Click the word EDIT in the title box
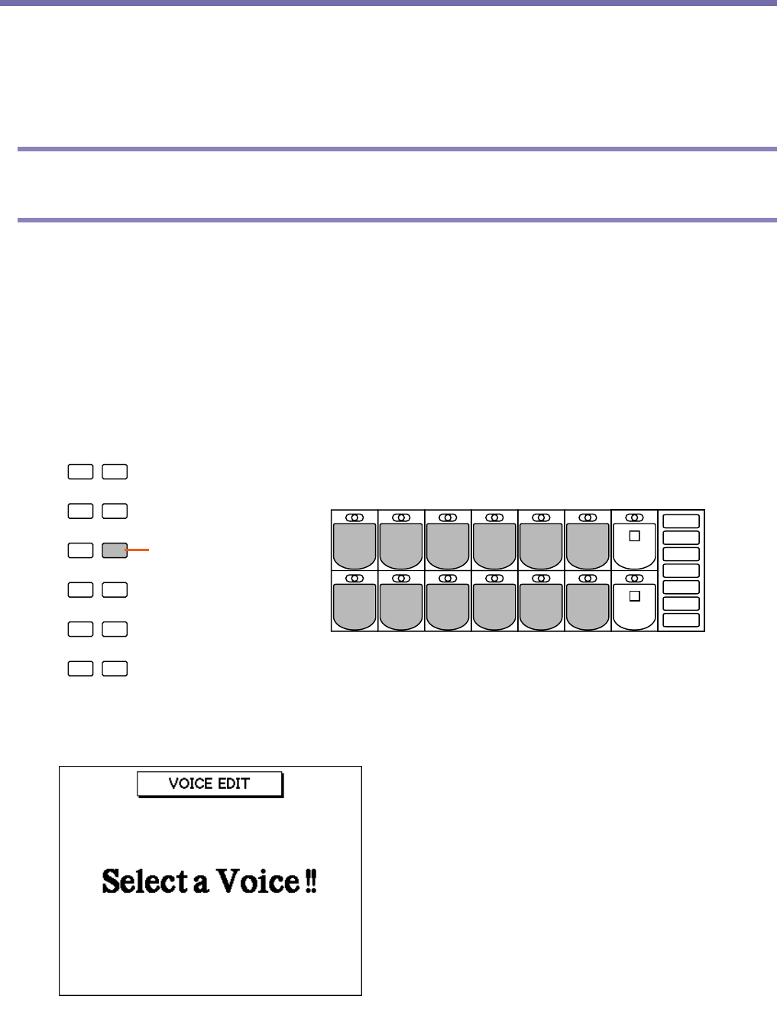point(232,783)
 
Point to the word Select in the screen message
point(144,881)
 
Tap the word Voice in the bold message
point(258,881)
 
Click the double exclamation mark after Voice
point(311,881)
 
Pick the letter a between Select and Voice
point(201,884)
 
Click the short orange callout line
point(138,550)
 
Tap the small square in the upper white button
point(634,536)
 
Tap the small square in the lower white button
point(634,596)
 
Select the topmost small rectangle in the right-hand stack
point(681,521)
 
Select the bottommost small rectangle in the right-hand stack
point(681,620)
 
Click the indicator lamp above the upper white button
point(634,517)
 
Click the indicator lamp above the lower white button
point(634,579)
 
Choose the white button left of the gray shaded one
point(80,550)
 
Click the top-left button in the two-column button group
point(80,472)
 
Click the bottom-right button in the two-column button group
point(115,669)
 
